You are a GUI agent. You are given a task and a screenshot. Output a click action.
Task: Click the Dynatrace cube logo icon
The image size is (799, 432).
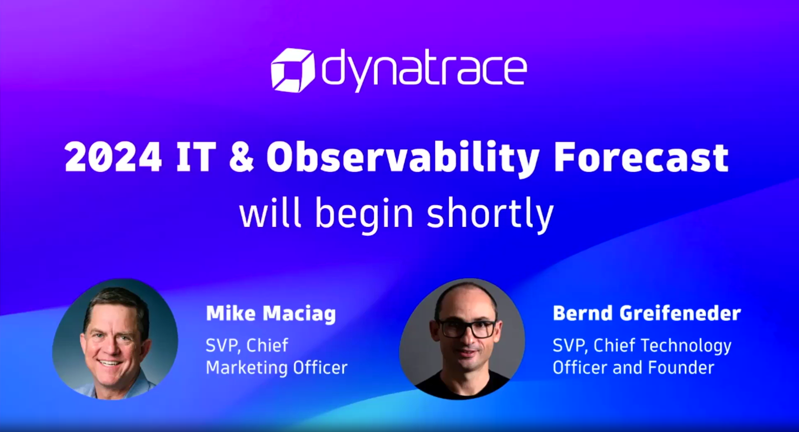coord(292,70)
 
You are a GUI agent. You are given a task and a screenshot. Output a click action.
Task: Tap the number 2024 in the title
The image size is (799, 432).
coord(113,157)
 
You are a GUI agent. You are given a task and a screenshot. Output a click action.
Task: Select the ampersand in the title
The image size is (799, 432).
coord(241,157)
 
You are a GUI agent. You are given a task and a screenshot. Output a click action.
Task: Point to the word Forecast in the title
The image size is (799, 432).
coord(641,157)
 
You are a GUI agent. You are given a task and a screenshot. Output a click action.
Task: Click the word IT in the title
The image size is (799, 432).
coord(195,157)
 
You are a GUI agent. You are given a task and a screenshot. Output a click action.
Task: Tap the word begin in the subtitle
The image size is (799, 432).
coord(364,213)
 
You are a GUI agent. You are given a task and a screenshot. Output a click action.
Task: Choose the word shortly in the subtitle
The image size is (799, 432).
coord(490,213)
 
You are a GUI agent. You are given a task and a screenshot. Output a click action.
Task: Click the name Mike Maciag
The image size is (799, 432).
coord(271,313)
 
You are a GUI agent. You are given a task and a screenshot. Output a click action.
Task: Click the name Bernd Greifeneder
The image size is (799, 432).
coord(647,313)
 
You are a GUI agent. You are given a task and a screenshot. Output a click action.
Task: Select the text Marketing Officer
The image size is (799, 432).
coord(276,368)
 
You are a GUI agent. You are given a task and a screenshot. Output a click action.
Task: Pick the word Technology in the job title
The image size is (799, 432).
coord(686,346)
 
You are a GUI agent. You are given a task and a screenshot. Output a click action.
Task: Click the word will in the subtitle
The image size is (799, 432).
coord(270,213)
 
